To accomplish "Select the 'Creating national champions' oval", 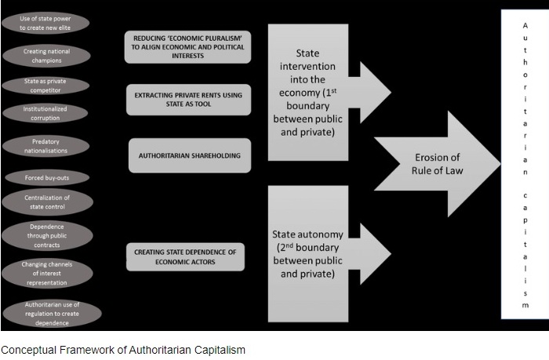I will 47,55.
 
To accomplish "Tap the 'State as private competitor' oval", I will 47,85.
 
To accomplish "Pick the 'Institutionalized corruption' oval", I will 47,112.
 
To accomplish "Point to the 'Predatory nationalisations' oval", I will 47,146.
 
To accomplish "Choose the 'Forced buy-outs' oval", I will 47,178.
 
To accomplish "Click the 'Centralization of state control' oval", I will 47,202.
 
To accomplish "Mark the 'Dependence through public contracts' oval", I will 47,236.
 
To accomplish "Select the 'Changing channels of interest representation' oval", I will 47,272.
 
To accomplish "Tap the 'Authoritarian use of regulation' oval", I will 47,313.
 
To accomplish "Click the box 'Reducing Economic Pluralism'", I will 187,46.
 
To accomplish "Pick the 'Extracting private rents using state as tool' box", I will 187,99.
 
